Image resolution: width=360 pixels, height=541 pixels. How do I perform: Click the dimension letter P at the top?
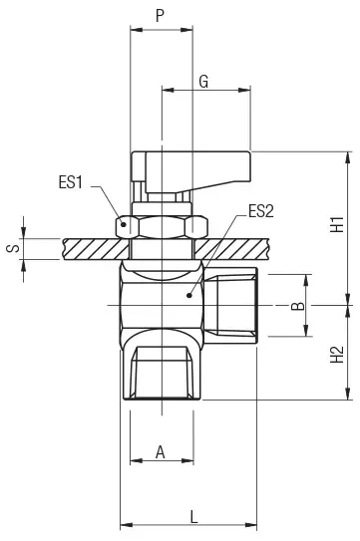(x=160, y=16)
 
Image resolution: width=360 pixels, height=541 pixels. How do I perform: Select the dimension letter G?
(x=203, y=82)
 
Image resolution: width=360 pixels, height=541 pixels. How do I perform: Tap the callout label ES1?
(x=71, y=182)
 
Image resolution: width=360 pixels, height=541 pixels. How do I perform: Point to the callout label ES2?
(x=261, y=211)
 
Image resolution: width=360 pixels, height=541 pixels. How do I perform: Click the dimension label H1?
(x=337, y=224)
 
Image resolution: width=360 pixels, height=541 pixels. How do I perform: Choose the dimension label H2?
(x=337, y=354)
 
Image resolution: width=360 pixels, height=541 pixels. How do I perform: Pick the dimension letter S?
(x=14, y=248)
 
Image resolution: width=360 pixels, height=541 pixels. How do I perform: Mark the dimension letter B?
(x=298, y=306)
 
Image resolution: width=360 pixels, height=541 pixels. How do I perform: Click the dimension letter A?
(x=161, y=451)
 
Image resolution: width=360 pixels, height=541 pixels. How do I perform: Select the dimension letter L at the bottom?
(x=194, y=516)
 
